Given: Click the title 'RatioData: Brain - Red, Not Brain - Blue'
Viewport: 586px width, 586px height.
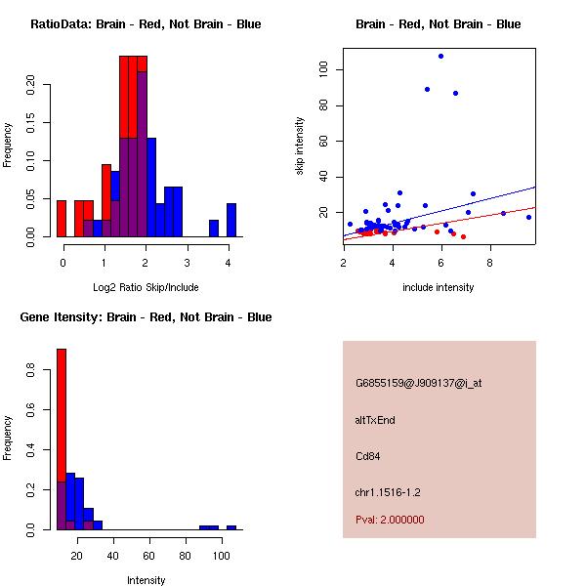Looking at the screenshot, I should tap(146, 23).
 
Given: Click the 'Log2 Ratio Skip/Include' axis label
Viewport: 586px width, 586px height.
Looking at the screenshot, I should tap(146, 286).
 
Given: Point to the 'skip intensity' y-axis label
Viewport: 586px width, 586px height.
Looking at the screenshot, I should tap(300, 146).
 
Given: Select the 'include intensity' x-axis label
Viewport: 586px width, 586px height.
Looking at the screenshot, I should tap(439, 287).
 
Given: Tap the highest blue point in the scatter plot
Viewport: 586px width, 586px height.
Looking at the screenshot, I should tap(440, 56).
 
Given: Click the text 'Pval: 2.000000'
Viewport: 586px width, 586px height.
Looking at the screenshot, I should tap(390, 520).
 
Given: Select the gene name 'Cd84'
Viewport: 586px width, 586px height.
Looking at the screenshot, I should tap(367, 455).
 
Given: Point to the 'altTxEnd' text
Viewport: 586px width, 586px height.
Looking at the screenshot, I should tap(375, 420).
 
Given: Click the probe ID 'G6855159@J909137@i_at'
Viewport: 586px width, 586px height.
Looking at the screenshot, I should tap(418, 383).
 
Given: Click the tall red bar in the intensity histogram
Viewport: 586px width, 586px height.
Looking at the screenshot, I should tap(62, 439).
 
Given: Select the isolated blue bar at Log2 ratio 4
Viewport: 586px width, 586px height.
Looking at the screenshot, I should tap(231, 220).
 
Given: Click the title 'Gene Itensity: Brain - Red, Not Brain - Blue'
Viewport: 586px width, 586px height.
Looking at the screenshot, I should tap(146, 316).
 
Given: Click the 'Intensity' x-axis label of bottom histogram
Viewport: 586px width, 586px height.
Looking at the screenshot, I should tap(146, 580).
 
